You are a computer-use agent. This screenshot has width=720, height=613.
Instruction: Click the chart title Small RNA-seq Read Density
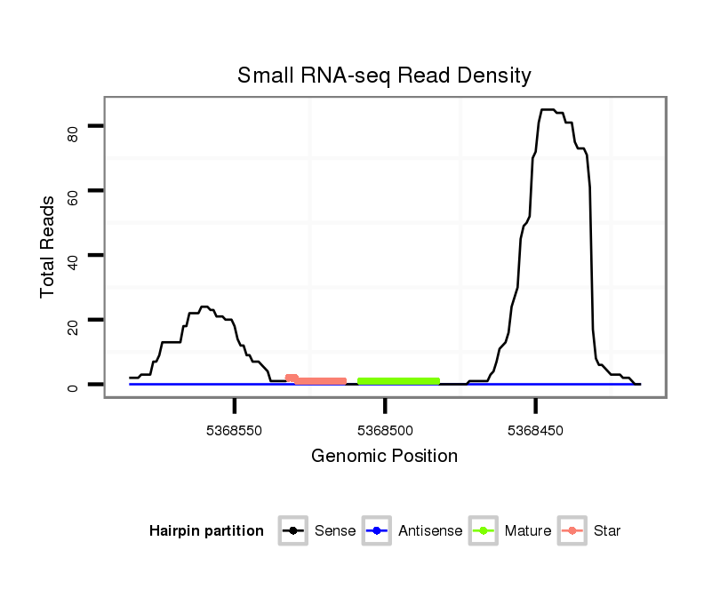[384, 76]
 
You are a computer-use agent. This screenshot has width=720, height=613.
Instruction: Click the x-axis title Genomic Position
[384, 457]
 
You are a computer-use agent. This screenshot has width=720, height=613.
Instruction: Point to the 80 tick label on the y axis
[74, 133]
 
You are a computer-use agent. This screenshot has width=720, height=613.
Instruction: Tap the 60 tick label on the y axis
[74, 196]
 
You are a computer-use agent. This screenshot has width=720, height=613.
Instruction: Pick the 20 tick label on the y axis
[74, 325]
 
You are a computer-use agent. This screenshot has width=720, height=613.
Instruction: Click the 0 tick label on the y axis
[74, 386]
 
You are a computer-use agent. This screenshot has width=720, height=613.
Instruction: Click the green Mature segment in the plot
[398, 381]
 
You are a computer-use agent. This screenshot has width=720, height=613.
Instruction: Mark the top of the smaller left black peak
[204, 307]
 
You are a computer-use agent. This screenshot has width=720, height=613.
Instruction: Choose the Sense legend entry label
[335, 531]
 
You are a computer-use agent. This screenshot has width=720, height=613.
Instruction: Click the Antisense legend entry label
[430, 531]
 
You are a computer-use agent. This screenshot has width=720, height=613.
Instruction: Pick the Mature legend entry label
[527, 531]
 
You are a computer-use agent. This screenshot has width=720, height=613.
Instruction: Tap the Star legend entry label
[606, 531]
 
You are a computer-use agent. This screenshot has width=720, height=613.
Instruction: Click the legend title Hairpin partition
[206, 531]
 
